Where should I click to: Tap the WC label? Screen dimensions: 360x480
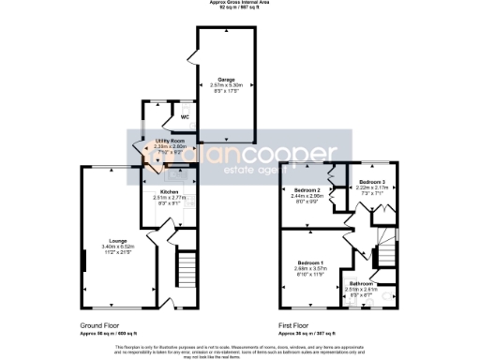172,118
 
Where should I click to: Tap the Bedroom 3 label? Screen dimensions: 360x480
370,179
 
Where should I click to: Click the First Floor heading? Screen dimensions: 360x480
295,326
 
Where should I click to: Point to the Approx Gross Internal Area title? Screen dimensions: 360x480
240,4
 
